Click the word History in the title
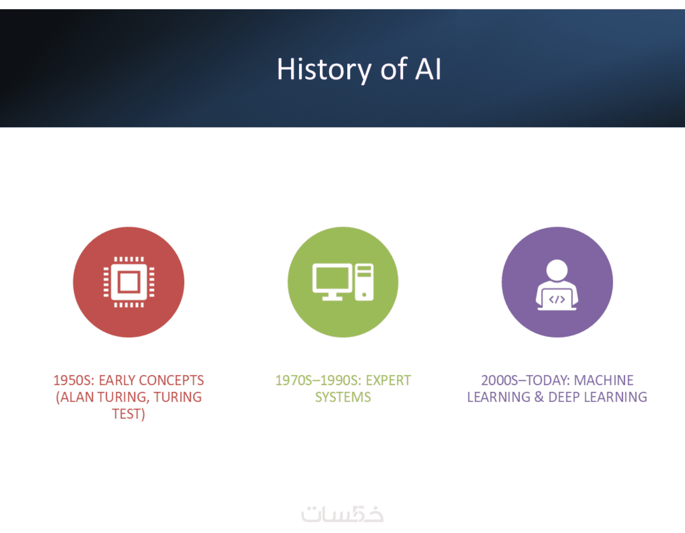[x=324, y=69]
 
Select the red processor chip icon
[x=129, y=282]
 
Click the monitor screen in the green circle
[x=332, y=278]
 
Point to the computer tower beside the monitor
[x=364, y=282]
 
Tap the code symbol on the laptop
[x=557, y=300]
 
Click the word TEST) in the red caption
[x=129, y=414]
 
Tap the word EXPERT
[x=388, y=380]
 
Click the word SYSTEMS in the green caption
[x=343, y=397]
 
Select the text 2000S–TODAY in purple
[x=525, y=380]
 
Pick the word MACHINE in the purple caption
[x=604, y=380]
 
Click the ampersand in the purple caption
[x=539, y=397]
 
